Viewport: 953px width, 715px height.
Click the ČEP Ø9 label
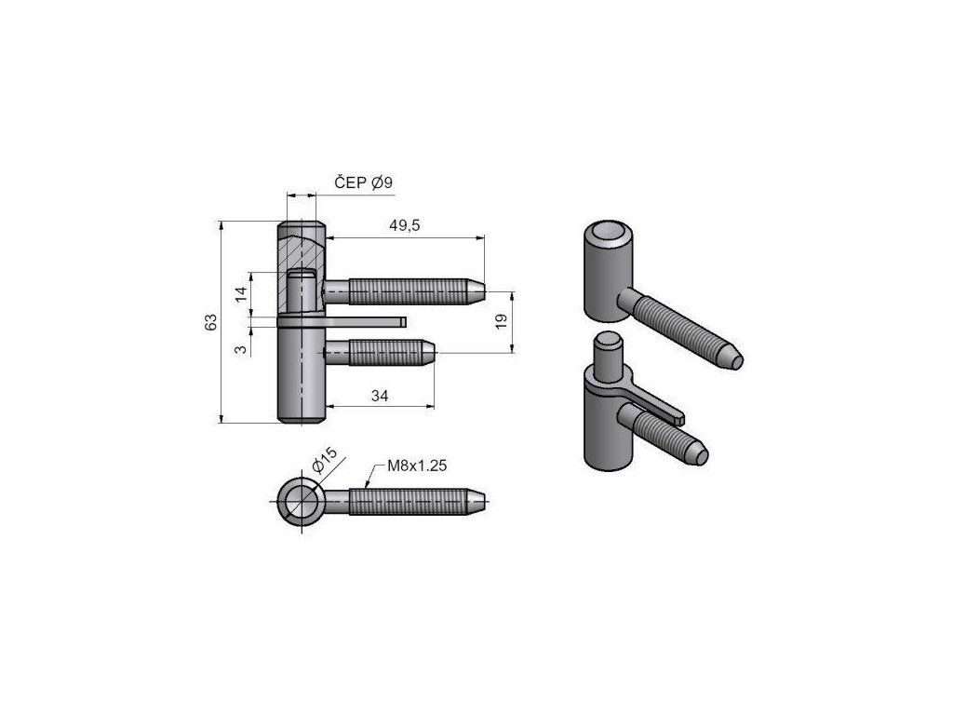364,182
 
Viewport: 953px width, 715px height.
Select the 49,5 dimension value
405,225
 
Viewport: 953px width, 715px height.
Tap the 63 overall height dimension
210,322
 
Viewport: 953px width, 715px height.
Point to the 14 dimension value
241,294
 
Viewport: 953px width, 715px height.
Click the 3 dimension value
241,349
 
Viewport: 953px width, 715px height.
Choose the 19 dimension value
501,321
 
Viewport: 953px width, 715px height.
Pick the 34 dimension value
380,396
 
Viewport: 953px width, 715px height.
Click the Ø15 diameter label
324,460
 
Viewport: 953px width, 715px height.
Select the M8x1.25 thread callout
417,465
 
